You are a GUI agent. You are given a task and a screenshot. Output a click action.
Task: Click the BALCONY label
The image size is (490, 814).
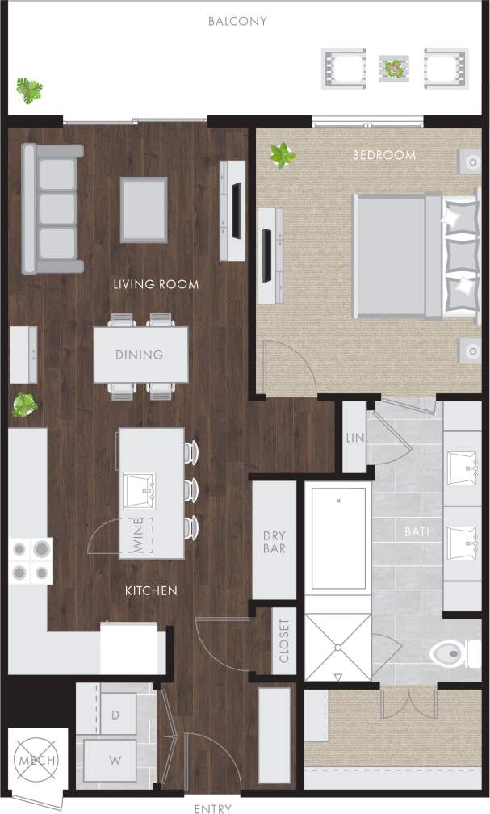237,21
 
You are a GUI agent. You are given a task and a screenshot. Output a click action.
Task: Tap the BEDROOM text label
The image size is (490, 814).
383,154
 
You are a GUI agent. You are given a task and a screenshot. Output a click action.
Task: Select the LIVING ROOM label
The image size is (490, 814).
156,284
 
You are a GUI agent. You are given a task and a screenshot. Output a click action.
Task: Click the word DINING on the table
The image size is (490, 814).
139,355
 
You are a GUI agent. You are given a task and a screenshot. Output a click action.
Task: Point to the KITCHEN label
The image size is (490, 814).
151,591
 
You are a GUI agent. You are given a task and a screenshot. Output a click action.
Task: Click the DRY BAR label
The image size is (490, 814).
274,542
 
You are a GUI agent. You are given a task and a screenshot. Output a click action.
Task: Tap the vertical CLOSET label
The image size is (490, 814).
283,641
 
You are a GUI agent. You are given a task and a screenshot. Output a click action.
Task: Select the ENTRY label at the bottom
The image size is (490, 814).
213,808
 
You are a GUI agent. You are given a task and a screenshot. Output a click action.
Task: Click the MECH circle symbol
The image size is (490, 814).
36,761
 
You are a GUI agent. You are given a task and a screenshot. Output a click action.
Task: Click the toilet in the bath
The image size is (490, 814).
456,652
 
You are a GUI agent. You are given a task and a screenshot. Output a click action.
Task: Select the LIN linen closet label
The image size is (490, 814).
354,437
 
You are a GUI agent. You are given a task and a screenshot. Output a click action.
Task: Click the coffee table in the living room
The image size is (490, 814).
144,209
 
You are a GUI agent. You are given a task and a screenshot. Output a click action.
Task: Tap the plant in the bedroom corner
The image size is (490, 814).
283,154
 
